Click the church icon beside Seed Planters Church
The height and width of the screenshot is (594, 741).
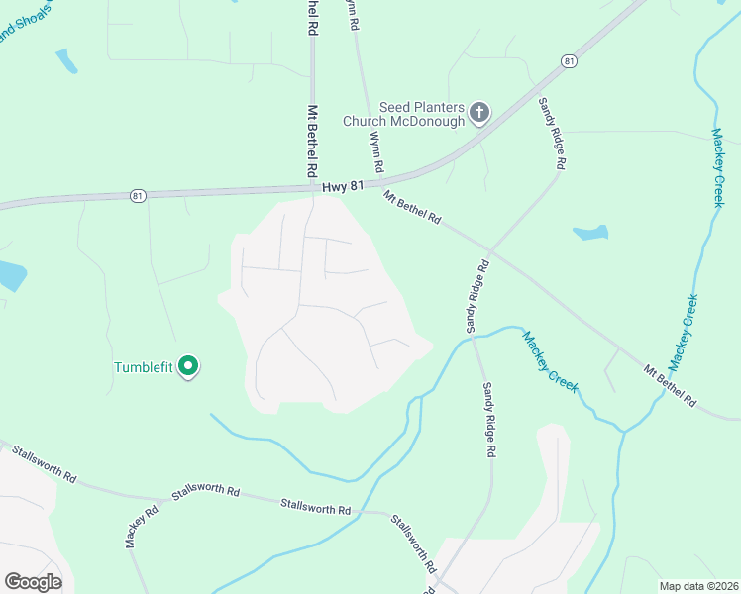click(x=479, y=112)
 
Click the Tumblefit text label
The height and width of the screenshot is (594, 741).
click(x=143, y=367)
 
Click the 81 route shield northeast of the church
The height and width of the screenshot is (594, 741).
click(x=568, y=61)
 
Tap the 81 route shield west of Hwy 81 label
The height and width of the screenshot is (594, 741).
click(x=138, y=196)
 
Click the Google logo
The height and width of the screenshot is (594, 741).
click(x=33, y=582)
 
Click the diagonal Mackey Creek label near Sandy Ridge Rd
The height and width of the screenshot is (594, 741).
click(x=550, y=361)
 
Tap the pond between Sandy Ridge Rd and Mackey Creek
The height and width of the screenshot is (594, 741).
click(x=591, y=234)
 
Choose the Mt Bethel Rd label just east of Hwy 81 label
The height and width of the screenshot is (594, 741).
click(x=412, y=208)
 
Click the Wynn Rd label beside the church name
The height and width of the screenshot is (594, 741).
click(x=376, y=153)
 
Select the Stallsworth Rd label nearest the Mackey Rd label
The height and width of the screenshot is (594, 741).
click(x=206, y=492)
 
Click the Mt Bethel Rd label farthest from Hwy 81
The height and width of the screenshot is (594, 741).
click(x=670, y=387)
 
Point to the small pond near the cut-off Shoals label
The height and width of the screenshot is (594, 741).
click(x=66, y=61)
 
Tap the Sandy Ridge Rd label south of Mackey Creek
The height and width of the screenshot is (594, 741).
click(x=488, y=419)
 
